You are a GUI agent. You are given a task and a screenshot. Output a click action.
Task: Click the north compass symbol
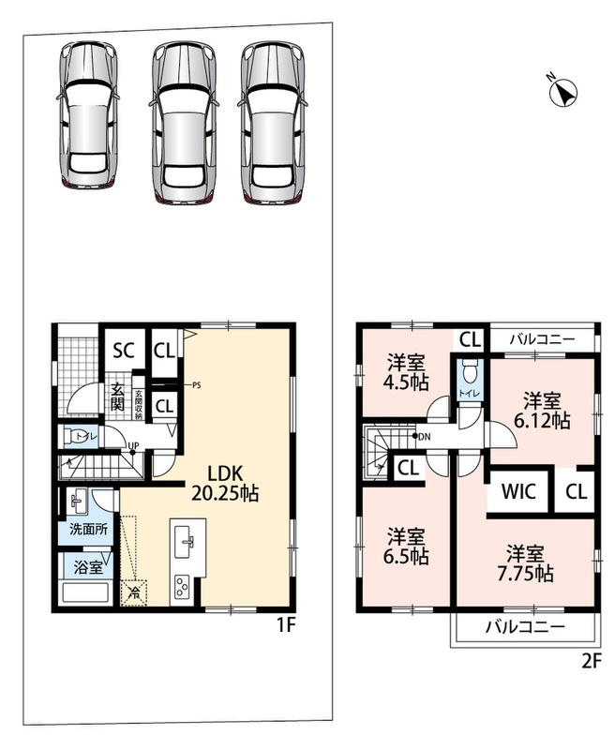[562, 91]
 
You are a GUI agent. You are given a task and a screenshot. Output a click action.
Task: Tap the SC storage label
[124, 351]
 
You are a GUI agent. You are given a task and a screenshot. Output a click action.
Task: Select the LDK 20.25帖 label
[225, 483]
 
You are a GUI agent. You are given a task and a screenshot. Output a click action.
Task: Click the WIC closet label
[518, 491]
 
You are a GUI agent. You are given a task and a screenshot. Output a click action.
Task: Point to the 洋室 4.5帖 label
[408, 372]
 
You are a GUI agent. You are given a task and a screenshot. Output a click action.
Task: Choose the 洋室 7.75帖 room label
[526, 563]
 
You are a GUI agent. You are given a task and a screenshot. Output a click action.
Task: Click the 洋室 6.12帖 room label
[542, 411]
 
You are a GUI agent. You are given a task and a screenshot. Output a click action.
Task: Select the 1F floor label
[285, 625]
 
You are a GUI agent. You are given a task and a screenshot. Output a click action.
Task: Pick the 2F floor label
[591, 662]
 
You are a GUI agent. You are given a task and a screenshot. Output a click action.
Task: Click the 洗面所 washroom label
[88, 530]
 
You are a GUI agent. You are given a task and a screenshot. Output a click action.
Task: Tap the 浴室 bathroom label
[88, 568]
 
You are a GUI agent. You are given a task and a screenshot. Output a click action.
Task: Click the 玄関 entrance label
[117, 397]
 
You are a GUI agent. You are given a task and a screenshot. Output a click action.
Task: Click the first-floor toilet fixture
[74, 436]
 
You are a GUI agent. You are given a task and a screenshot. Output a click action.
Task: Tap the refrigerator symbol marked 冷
[134, 593]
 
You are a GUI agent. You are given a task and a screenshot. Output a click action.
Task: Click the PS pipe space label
[197, 385]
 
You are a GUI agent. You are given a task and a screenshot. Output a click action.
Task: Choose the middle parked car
[182, 124]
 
